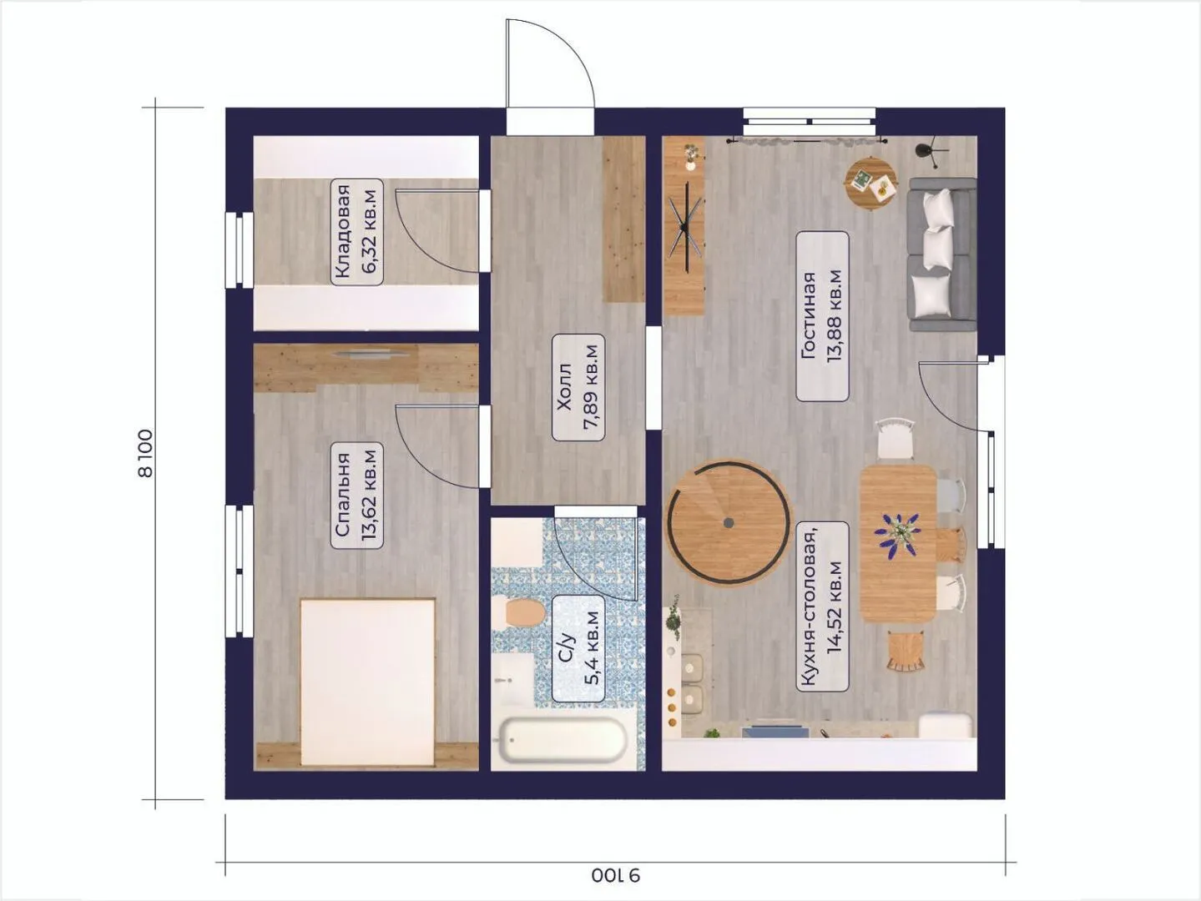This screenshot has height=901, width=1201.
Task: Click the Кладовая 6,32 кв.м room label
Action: click(356, 232)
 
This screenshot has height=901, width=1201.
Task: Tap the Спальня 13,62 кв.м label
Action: click(356, 496)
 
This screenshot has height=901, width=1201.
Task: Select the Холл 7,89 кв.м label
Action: click(578, 388)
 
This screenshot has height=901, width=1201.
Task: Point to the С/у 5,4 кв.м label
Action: click(578, 648)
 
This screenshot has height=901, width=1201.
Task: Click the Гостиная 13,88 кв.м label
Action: click(822, 316)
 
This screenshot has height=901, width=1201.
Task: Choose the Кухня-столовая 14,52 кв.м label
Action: click(822, 607)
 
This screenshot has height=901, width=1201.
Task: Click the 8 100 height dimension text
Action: click(145, 453)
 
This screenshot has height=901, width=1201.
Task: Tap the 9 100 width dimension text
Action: click(616, 875)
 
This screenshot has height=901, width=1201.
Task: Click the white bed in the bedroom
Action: click(367, 682)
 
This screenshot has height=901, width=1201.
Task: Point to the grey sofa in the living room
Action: click(941, 254)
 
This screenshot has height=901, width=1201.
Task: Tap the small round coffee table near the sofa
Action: click(870, 183)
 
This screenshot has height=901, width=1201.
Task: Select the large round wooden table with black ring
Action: click(729, 522)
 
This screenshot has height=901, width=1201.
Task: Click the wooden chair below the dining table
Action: click(906, 652)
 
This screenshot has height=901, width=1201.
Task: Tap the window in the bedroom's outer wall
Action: click(239, 571)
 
